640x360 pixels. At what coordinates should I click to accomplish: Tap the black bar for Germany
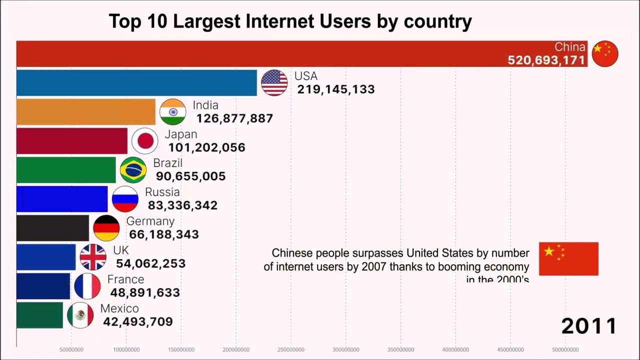pos(52,228)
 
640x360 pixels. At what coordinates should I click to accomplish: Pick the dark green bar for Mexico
pos(39,315)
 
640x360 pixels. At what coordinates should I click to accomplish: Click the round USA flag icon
pos(274,83)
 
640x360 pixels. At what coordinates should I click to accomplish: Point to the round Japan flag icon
pos(145,141)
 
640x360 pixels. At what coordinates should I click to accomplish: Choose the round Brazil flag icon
pos(133,170)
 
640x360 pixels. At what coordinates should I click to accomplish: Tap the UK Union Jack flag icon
pos(93,257)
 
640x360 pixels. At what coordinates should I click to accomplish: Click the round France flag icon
pos(87,286)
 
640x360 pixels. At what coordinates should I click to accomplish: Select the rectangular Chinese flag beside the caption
pos(568,258)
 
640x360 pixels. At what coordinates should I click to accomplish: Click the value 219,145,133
pos(336,89)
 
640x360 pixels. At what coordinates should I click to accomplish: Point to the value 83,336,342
pos(182,205)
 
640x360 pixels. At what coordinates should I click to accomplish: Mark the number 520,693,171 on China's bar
pos(546,60)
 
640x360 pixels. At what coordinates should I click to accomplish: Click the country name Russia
pos(162,192)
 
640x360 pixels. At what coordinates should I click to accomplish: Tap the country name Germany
pos(150,221)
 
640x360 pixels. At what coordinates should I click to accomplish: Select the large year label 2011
pos(589,326)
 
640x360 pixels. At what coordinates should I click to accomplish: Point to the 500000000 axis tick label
pos(565,349)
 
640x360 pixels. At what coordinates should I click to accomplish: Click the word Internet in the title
pos(276,22)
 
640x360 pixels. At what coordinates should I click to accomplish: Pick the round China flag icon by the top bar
pos(605,54)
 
